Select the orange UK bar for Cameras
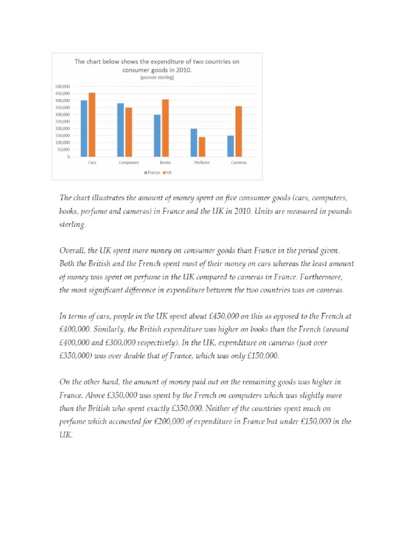coord(238,131)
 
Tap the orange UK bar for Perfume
coord(202,147)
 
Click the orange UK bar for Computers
coord(129,132)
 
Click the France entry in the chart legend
coord(152,172)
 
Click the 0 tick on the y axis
coord(68,156)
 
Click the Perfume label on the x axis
coord(202,162)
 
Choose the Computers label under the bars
coord(129,162)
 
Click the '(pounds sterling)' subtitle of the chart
coord(156,78)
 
